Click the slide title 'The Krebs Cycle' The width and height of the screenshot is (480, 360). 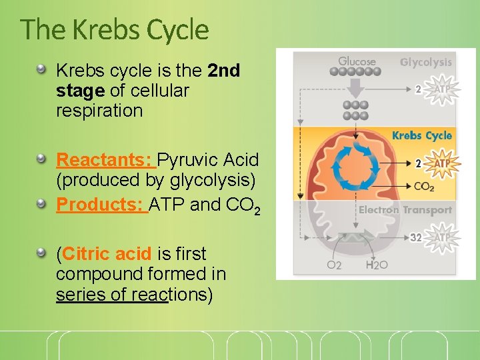pos(114,30)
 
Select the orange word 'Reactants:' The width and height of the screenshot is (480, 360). pos(105,160)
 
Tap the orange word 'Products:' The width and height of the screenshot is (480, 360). pos(101,205)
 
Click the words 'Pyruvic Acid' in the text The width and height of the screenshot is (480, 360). pos(208,160)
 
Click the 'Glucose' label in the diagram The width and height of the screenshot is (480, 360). pos(357,61)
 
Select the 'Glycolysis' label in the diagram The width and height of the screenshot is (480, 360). pos(425,62)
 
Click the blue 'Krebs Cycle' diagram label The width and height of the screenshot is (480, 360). pos(422,135)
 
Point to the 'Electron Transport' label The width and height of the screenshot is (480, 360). pos(405,210)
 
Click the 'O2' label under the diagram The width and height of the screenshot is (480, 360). pos(334,265)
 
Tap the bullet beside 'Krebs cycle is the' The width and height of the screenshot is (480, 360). pos(42,69)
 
